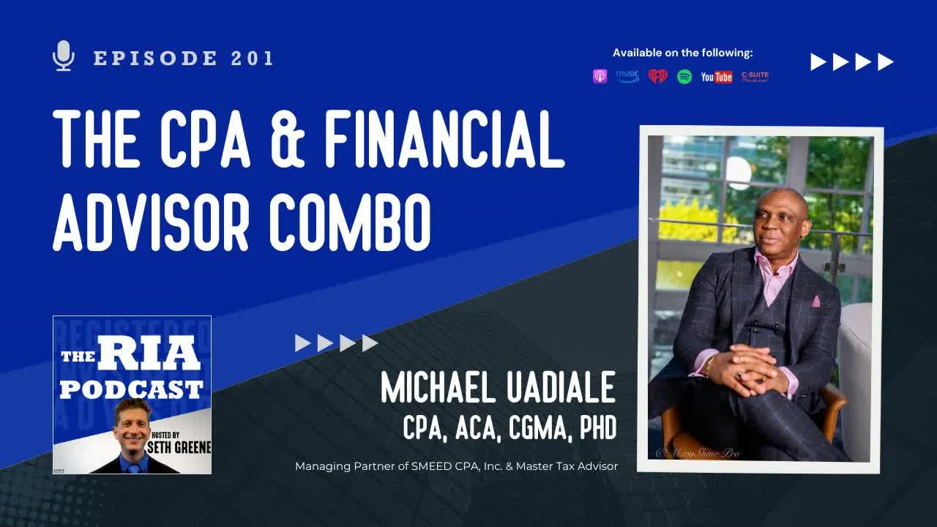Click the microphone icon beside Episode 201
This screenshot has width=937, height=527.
coord(64,56)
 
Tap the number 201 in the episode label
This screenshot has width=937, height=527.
coord(252,59)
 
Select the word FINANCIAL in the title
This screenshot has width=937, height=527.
coord(445,140)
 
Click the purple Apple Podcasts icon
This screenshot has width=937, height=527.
coord(600,76)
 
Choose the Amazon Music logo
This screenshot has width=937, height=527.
coord(627,76)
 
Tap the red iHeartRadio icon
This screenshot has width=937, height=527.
coord(657,76)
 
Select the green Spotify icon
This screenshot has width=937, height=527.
coord(684,76)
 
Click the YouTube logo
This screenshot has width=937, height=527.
coord(716,77)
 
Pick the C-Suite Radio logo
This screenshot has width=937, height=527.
coord(755,76)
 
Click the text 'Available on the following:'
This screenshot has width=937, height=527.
coord(682,53)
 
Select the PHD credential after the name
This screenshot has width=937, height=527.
coord(597,429)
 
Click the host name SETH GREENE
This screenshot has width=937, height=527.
coord(179,446)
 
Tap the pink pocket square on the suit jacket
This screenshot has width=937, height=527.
coord(815,301)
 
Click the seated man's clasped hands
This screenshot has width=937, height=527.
coord(740,362)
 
